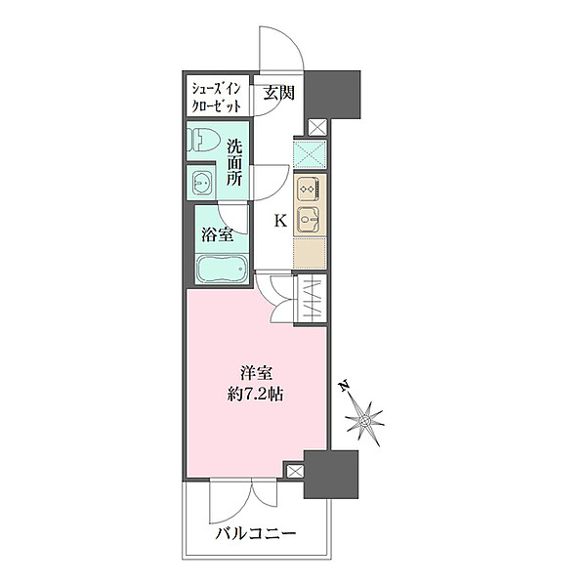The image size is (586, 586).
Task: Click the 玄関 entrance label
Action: point(279,94)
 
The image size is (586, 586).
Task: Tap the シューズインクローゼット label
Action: point(216,95)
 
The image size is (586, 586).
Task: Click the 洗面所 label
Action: point(235,163)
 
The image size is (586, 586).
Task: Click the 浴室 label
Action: point(217,234)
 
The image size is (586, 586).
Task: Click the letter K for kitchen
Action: point(279,221)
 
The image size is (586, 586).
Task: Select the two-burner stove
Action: point(308,188)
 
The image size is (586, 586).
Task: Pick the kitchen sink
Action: point(308,220)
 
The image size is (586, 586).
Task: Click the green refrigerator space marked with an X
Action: point(309,154)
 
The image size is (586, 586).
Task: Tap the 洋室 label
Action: point(258,372)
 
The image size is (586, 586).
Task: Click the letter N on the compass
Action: point(346,388)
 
